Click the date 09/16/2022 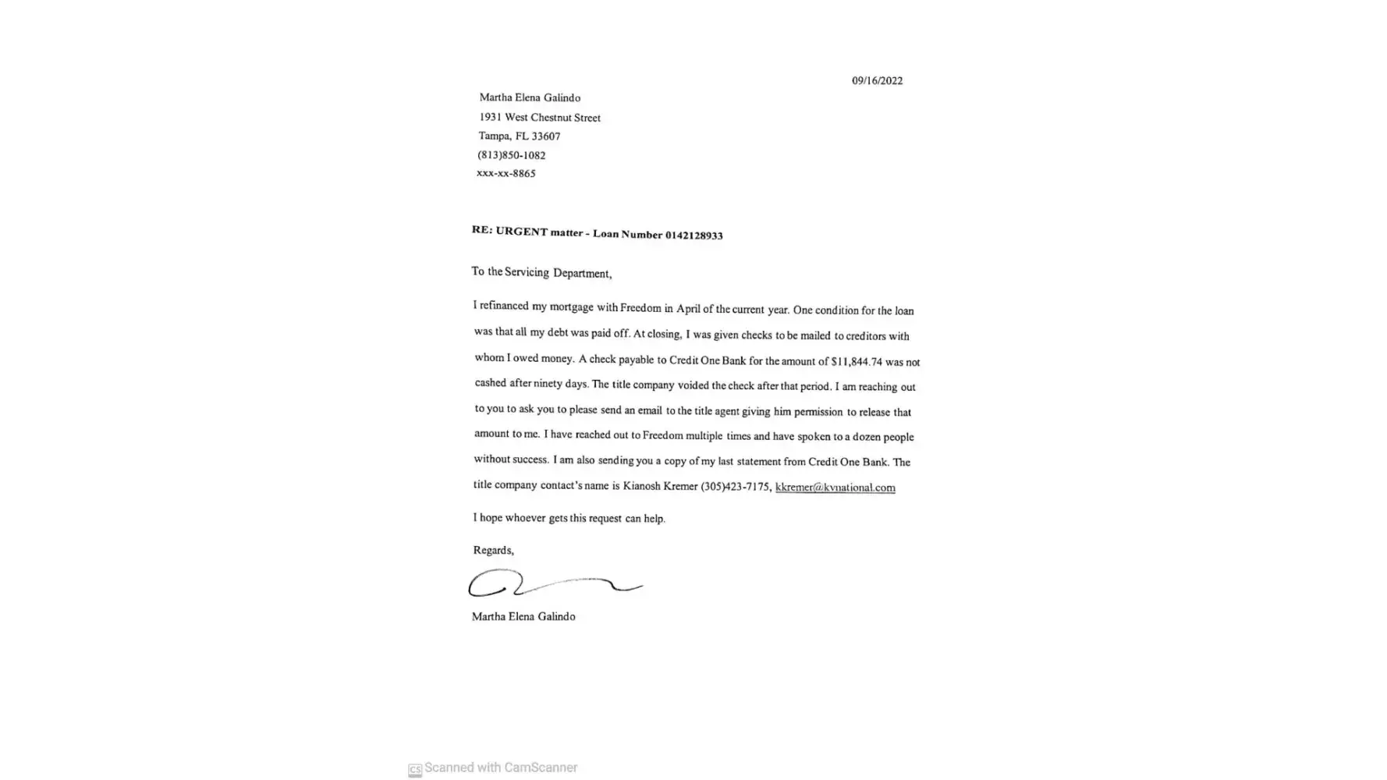(877, 81)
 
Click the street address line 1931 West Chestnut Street (540, 118)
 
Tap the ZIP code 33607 (545, 136)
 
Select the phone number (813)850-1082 (511, 155)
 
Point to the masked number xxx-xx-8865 (505, 173)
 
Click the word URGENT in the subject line (522, 232)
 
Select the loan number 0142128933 (693, 236)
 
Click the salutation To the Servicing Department (541, 273)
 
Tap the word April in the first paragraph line (688, 308)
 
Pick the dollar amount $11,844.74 (857, 362)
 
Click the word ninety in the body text (548, 384)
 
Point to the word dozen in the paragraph (866, 437)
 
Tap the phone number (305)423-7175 (736, 487)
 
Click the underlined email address (835, 487)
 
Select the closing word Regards (493, 551)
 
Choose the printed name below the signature (523, 617)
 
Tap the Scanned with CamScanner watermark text (500, 768)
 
